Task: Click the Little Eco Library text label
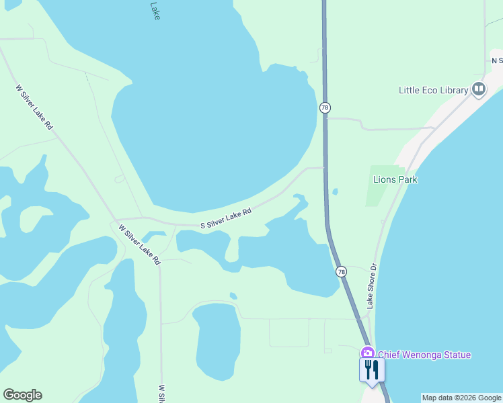pyautogui.click(x=434, y=90)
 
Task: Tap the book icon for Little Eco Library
pyautogui.click(x=479, y=89)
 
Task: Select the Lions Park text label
pyautogui.click(x=395, y=179)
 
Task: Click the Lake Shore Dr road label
pyautogui.click(x=371, y=285)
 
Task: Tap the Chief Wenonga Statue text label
pyautogui.click(x=424, y=355)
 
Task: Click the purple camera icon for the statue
pyautogui.click(x=367, y=353)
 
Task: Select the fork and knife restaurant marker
pyautogui.click(x=371, y=369)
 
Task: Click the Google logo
pyautogui.click(x=22, y=395)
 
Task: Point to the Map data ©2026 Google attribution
pyautogui.click(x=461, y=398)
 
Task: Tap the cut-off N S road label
pyautogui.click(x=497, y=60)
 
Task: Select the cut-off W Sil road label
pyautogui.click(x=161, y=394)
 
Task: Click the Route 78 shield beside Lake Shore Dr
pyautogui.click(x=342, y=271)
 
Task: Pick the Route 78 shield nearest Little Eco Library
pyautogui.click(x=325, y=107)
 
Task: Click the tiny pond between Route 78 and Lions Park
pyautogui.click(x=335, y=191)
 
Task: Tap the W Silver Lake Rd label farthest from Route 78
pyautogui.click(x=34, y=107)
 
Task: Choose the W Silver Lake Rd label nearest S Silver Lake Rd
pyautogui.click(x=140, y=244)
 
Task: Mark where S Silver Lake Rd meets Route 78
pyautogui.click(x=325, y=168)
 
